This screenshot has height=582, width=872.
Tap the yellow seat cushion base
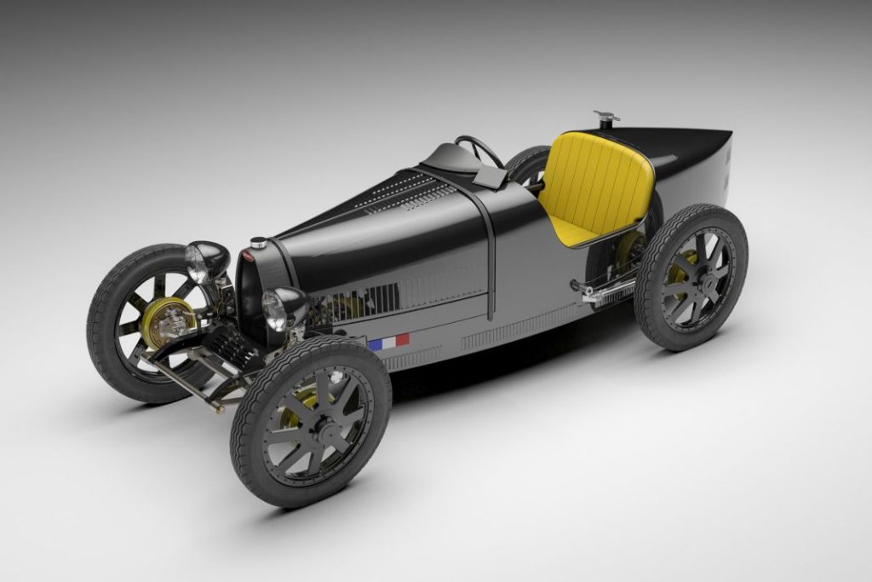click(571, 228)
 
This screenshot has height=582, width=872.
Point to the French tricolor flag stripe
click(388, 342)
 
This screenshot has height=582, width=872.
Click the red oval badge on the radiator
click(247, 254)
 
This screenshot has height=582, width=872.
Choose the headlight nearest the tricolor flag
click(282, 308)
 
